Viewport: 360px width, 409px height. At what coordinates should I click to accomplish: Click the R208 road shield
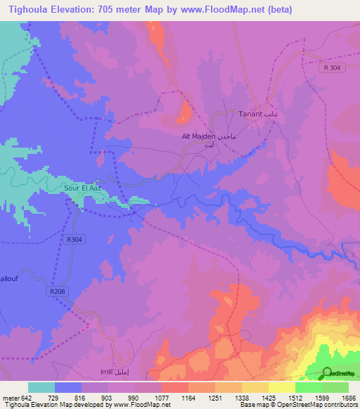58,291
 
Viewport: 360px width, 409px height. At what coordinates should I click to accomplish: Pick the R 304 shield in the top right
333,67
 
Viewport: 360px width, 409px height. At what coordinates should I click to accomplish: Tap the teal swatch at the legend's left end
41,387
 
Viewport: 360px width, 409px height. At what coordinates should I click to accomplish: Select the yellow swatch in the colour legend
281,387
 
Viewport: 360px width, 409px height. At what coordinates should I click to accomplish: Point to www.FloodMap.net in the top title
224,9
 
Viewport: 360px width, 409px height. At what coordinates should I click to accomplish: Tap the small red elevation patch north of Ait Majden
186,110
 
